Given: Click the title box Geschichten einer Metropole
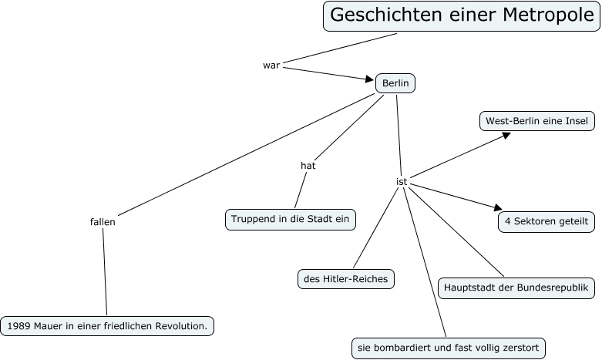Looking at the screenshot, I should point(461,15).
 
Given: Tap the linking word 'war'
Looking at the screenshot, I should point(271,65).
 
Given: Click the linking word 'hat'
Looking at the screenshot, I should point(308,165).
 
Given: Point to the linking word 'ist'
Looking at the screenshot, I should point(402,181).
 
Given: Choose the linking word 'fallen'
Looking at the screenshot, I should point(103,221).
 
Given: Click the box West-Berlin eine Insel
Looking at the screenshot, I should point(536,121).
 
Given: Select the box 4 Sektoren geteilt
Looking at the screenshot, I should point(547,221).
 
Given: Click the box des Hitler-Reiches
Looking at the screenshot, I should point(346,278).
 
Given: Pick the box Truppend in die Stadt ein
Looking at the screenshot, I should point(291,219).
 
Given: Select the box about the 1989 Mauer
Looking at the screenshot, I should point(107,326).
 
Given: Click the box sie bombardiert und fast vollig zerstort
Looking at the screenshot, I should point(448,348).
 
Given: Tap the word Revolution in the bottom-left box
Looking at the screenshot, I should point(178,326).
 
